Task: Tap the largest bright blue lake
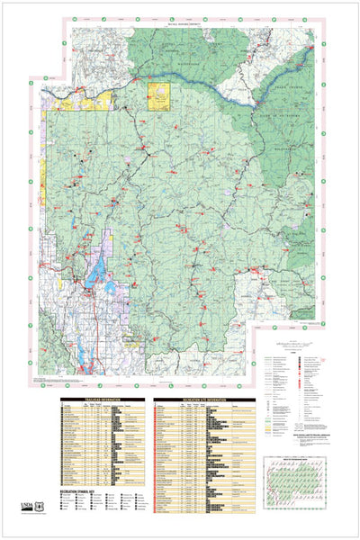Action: tap(93, 272)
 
